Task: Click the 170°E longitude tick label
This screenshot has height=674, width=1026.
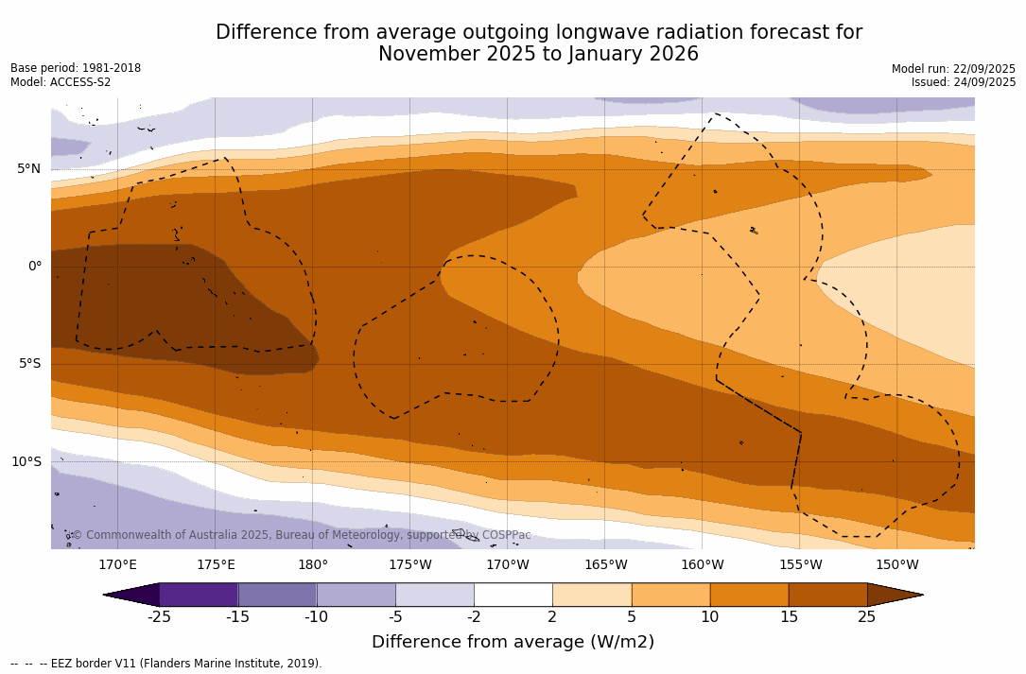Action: point(117,565)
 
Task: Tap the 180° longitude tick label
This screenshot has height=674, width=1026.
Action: point(313,565)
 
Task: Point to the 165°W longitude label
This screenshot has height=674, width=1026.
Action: point(605,565)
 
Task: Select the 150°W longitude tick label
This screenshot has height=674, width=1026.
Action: point(896,565)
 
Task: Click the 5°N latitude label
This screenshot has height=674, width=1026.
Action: point(28,169)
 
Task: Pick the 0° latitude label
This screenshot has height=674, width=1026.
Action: point(34,267)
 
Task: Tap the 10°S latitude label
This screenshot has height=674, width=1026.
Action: point(26,462)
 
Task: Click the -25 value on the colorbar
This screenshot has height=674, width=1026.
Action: point(158,617)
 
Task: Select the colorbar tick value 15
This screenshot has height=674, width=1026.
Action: point(788,617)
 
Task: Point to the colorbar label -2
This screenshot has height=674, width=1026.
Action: point(473,617)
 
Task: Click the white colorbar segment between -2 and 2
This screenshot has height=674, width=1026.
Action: point(513,595)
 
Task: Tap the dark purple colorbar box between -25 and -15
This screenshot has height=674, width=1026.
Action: point(199,595)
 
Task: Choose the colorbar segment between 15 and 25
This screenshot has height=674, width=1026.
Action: point(827,595)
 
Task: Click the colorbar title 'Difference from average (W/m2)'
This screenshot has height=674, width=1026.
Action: point(513,643)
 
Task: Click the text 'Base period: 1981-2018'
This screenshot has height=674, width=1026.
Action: point(76,68)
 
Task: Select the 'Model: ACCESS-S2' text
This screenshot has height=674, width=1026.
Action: point(61,82)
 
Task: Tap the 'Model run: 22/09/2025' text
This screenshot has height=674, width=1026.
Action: point(953,69)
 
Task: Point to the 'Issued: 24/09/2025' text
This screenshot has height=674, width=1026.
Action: point(964,82)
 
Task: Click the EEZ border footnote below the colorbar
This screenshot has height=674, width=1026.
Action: point(166,664)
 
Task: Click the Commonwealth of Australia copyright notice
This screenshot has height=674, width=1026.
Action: point(302,535)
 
